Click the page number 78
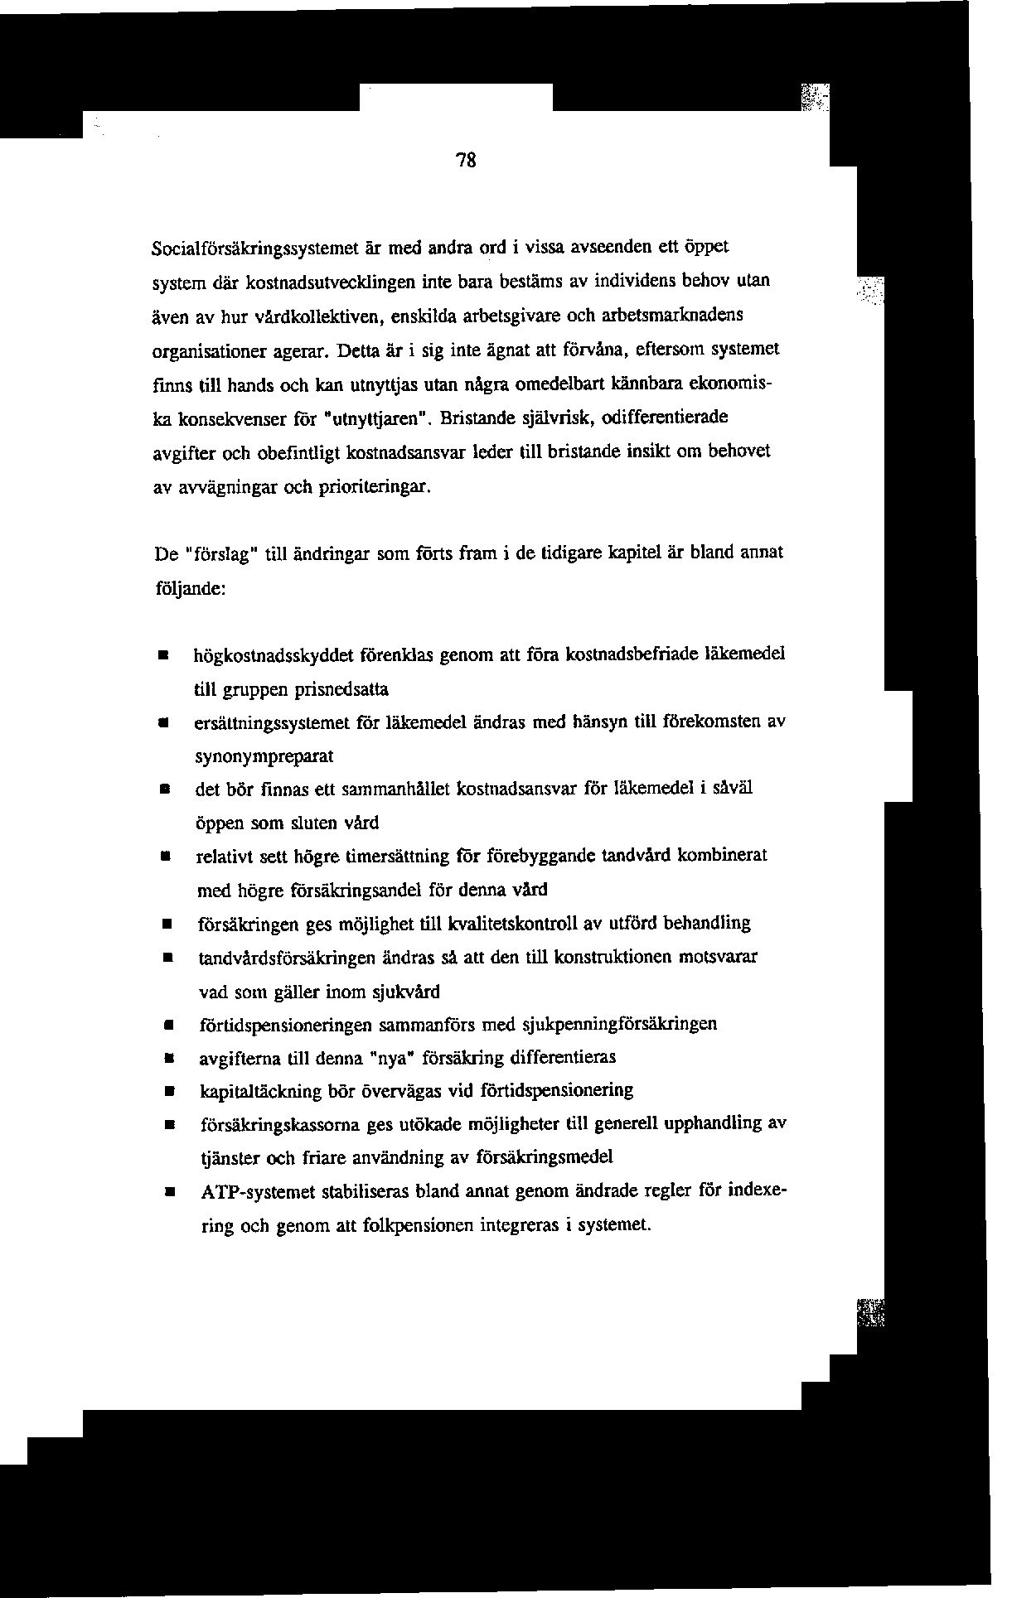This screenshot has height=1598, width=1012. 467,162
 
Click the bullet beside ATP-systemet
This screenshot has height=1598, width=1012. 167,1193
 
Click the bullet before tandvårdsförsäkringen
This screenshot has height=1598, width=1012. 167,958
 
